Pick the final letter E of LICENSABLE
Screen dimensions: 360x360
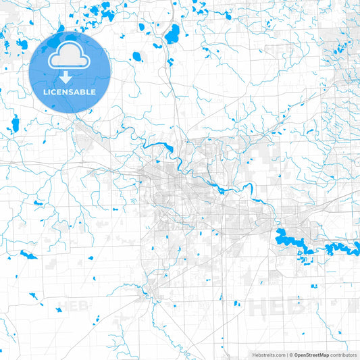click(93, 92)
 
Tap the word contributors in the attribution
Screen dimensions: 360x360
click(343, 355)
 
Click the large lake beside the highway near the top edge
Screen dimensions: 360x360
click(173, 33)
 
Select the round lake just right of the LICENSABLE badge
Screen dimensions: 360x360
click(137, 57)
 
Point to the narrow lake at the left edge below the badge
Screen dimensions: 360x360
click(15, 124)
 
